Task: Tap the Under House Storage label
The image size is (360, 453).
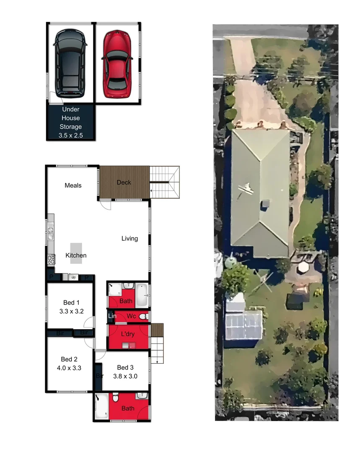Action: click(x=71, y=118)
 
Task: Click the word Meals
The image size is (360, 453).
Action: click(x=73, y=185)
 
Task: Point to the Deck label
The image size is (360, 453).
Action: click(x=124, y=182)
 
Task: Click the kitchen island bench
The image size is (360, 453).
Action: click(x=76, y=253)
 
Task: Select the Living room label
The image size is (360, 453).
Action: click(x=129, y=239)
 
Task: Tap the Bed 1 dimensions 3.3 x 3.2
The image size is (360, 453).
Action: click(x=71, y=311)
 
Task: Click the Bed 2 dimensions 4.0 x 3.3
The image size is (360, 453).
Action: click(x=70, y=368)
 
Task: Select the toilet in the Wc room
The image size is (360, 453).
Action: click(x=143, y=316)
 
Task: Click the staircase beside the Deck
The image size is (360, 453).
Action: click(x=165, y=182)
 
